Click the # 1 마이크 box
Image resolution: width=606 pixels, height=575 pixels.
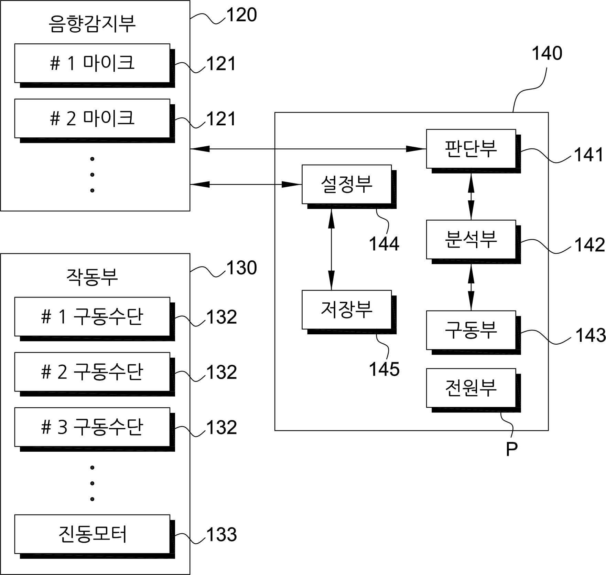[x=95, y=65]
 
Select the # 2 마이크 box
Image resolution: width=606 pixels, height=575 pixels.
[x=95, y=121]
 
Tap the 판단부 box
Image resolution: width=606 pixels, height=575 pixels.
[x=474, y=151]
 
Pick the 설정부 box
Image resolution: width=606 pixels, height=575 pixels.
[x=349, y=187]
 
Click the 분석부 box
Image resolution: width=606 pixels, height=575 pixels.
[x=474, y=242]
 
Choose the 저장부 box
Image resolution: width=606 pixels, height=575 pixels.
[x=349, y=312]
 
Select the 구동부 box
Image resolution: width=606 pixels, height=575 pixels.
[x=474, y=333]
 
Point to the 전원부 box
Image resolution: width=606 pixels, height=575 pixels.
[x=474, y=390]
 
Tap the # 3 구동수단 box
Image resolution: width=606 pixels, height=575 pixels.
[x=95, y=429]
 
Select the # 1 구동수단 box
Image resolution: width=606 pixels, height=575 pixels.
[x=95, y=319]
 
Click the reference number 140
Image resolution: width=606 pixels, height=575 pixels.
[x=547, y=53]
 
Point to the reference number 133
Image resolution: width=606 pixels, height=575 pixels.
[x=221, y=535]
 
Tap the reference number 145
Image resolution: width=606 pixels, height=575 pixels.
[x=384, y=369]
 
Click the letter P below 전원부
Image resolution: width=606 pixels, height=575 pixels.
[x=512, y=449]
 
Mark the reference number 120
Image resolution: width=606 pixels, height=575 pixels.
[x=241, y=15]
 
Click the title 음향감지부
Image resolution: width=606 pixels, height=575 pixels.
[x=92, y=23]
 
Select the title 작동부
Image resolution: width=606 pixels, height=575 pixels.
[x=92, y=277]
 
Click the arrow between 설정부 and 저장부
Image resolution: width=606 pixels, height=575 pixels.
[x=331, y=249]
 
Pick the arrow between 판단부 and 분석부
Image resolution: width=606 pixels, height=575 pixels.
[x=471, y=197]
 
